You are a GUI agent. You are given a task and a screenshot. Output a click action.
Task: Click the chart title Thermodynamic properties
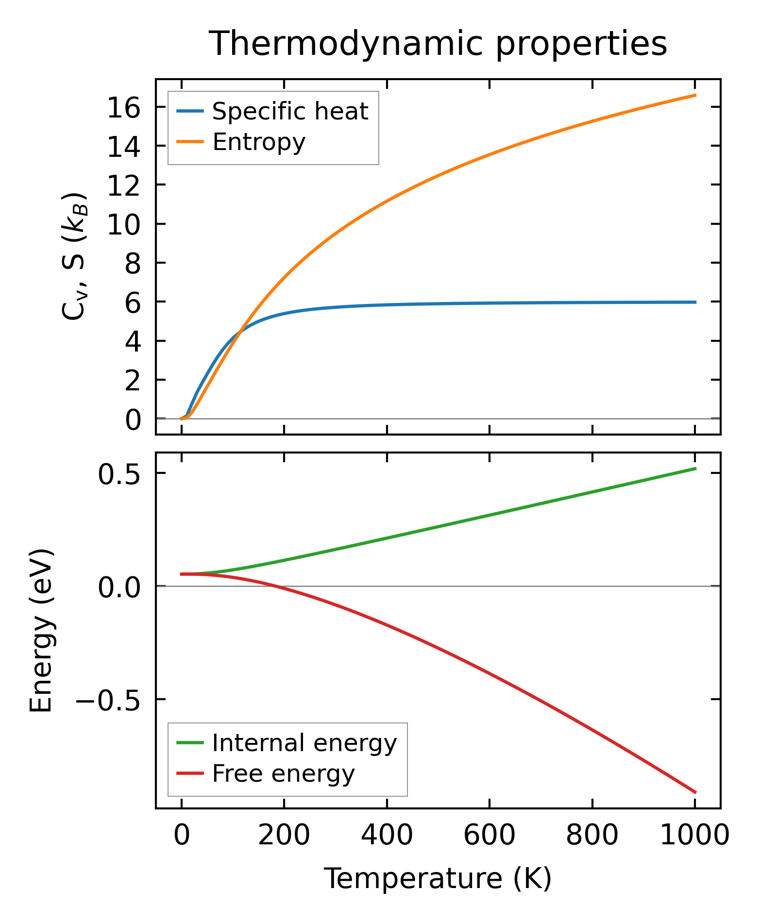click(x=438, y=44)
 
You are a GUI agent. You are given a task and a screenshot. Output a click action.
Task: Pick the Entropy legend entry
click(x=259, y=142)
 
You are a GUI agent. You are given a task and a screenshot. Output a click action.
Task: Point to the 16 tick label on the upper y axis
click(x=123, y=108)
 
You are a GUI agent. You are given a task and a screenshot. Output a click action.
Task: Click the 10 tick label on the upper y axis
click(x=123, y=225)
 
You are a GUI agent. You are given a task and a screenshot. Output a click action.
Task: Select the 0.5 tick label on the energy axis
click(x=119, y=474)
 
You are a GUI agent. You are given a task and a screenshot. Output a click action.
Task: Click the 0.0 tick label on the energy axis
click(x=119, y=587)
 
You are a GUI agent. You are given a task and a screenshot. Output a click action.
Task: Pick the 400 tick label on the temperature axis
click(x=387, y=836)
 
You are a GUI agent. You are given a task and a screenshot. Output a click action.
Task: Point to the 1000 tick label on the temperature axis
click(x=695, y=836)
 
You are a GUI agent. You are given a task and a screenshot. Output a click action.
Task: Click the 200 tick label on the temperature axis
click(x=284, y=836)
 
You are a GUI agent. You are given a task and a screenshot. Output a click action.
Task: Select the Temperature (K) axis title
click(x=438, y=878)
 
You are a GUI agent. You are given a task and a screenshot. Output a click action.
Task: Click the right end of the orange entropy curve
click(x=695, y=95)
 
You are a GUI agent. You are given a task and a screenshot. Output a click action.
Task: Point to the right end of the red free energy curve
click(x=695, y=792)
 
